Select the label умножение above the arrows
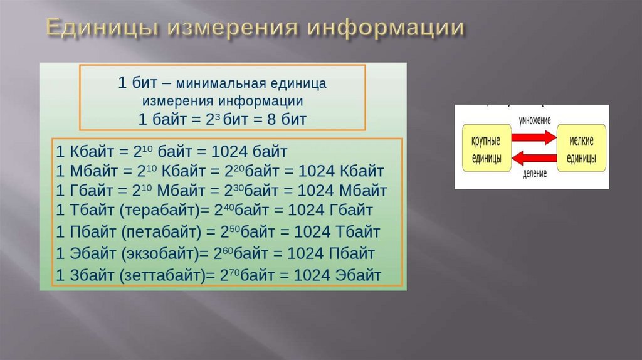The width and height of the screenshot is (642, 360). pyautogui.click(x=534, y=120)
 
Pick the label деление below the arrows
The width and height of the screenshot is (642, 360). pyautogui.click(x=534, y=173)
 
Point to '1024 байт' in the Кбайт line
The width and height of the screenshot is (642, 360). pyautogui.click(x=257, y=151)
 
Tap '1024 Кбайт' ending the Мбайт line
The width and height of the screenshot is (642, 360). pyautogui.click(x=346, y=171)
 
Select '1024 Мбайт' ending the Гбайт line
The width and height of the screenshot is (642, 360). pyautogui.click(x=348, y=190)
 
